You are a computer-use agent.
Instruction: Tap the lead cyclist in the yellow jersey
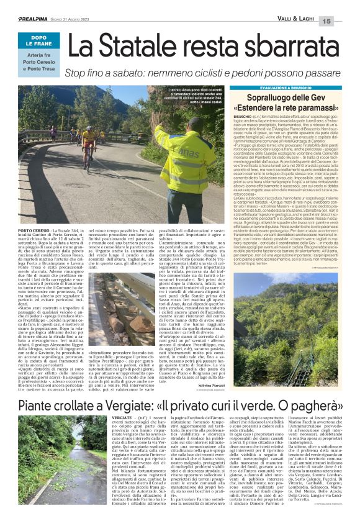91,140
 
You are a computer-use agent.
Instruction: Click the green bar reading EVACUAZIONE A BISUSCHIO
282,88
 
